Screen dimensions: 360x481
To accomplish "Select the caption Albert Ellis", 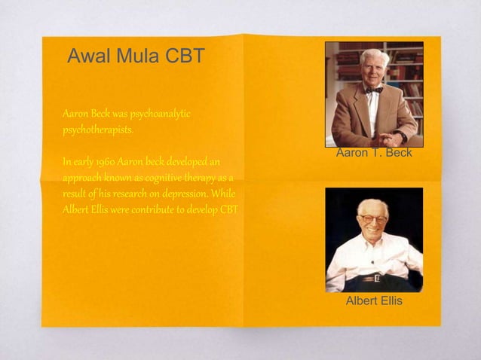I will coord(374,301).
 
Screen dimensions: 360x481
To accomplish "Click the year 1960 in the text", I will coord(104,162).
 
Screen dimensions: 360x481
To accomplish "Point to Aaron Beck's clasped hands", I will coord(390,139).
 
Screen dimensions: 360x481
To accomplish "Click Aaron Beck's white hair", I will coord(374,55).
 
